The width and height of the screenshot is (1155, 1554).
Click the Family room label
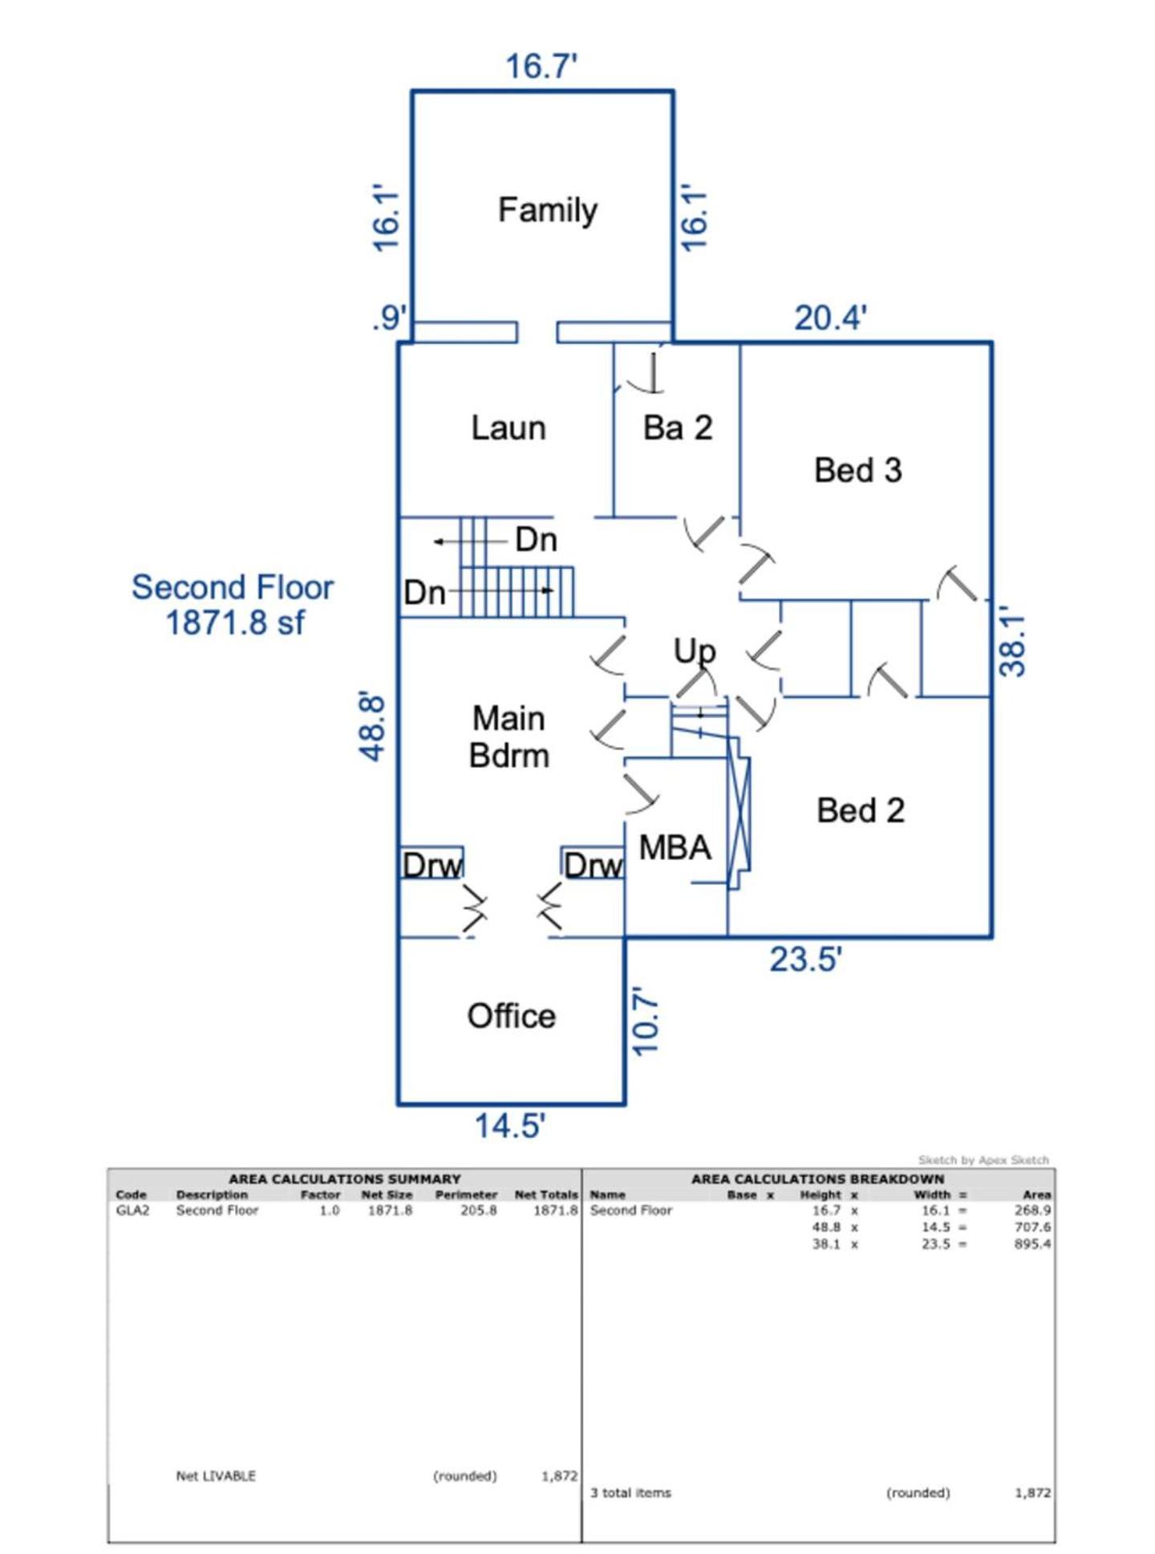pos(547,210)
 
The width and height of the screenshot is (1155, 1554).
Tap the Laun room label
pos(509,428)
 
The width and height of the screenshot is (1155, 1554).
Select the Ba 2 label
pos(678,428)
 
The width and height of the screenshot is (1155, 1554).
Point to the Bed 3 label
pos(857,470)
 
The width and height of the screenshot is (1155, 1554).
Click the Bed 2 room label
pos(861,810)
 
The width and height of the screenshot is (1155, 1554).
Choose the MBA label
pos(675,847)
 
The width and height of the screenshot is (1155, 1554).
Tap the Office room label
pos(511,1016)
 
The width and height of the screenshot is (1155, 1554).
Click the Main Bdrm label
pos(509,736)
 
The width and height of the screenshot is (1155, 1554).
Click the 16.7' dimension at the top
pos(541,66)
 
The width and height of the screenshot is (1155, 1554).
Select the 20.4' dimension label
pos(830,318)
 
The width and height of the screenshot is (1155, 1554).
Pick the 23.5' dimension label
pos(805,960)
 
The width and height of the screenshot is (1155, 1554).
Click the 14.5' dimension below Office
pos(510,1126)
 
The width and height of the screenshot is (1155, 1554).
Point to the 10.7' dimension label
pos(646,1021)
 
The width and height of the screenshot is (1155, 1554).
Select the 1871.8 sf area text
pos(234,623)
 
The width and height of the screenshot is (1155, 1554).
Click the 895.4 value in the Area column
pos(1032,1244)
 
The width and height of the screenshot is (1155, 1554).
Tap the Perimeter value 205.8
pos(478,1210)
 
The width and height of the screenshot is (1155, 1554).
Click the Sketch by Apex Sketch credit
pos(983,1159)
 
